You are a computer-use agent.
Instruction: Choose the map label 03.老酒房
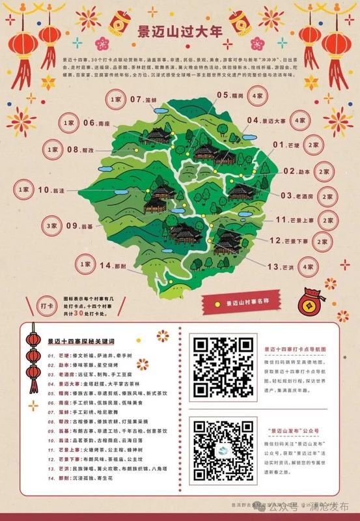coord(297,195)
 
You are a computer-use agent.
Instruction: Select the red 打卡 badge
coord(46,305)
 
